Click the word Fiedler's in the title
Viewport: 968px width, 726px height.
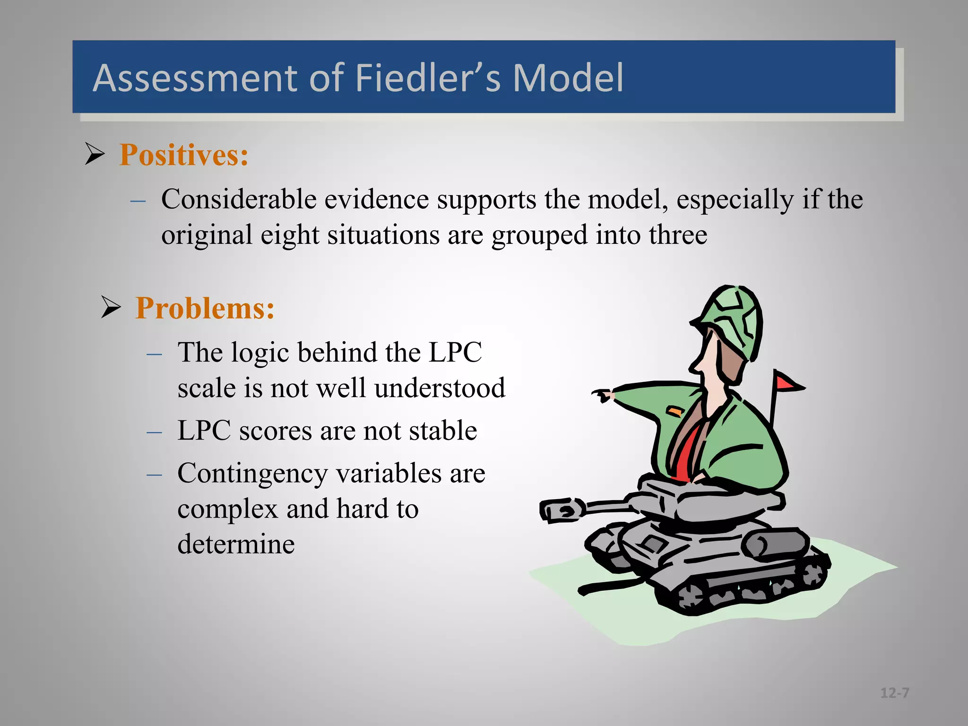[427, 78]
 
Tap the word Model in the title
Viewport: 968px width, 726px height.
[568, 78]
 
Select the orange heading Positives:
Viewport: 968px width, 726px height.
[184, 155]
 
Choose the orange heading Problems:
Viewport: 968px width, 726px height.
[205, 309]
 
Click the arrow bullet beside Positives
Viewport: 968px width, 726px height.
[95, 154]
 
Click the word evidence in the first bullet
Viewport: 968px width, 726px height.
[376, 199]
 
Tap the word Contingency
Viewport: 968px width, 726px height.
[253, 474]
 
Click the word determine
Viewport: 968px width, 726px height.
[236, 544]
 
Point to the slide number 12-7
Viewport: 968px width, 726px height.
[894, 693]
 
